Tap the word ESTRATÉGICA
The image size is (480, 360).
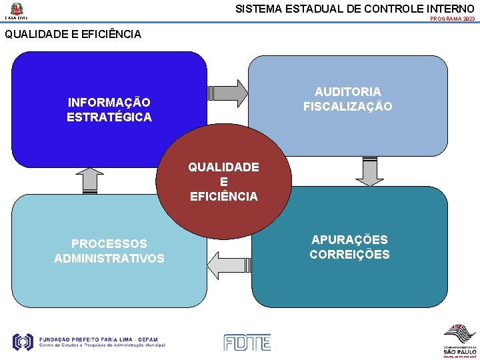[109, 117]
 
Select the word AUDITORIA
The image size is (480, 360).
[348, 91]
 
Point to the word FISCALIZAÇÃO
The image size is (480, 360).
[348, 106]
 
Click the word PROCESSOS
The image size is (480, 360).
[109, 243]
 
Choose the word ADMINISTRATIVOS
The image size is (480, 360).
[109, 258]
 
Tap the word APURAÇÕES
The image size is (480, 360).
[349, 239]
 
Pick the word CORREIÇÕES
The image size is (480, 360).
[349, 254]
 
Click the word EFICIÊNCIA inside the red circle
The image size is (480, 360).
[223, 196]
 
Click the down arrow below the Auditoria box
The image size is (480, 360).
[369, 171]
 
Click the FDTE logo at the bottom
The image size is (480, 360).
[247, 343]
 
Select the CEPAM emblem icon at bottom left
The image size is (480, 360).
[23, 342]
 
